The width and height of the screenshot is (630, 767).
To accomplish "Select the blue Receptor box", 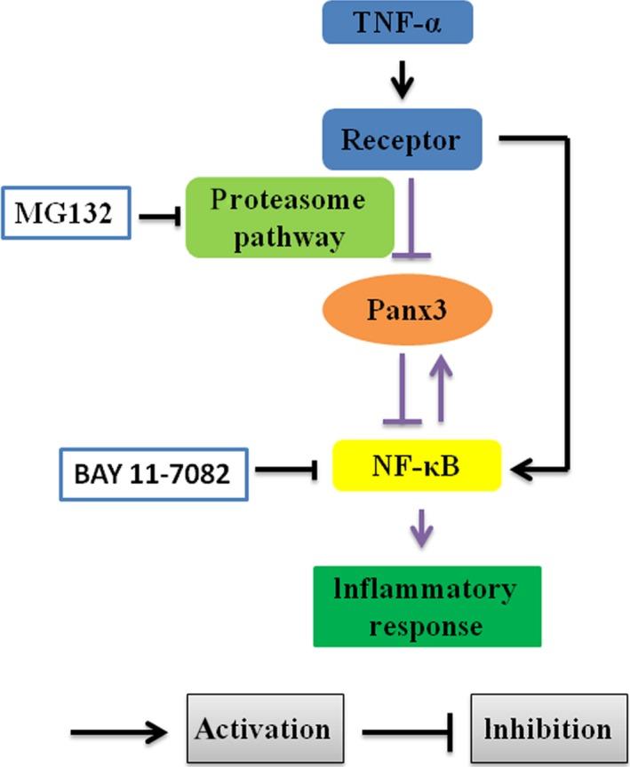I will coord(403,139).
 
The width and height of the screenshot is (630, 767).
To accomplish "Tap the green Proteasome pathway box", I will coord(290,217).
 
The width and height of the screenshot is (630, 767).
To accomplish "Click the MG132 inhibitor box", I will coord(67,213).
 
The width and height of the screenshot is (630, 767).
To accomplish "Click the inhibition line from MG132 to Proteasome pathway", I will coord(157,213).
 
